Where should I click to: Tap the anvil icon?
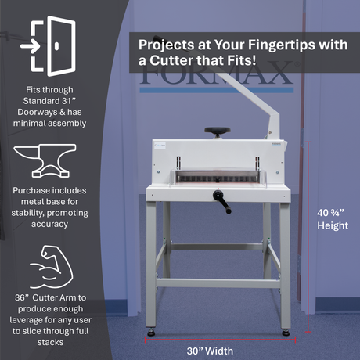point(45,160)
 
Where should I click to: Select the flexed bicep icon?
point(52,268)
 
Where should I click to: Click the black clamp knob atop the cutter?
point(218,131)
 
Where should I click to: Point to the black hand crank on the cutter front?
point(221,201)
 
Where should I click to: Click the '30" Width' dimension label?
point(210,351)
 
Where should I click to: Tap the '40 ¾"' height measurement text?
point(330,213)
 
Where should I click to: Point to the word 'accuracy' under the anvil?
point(50,225)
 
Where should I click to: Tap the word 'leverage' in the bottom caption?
point(28,320)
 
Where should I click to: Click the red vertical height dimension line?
point(308,237)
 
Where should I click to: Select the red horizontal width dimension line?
point(221,340)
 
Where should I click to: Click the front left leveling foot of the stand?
point(151,332)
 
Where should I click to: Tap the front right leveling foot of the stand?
point(286,332)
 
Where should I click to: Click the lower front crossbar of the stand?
point(218,283)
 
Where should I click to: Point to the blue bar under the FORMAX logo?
point(217,90)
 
